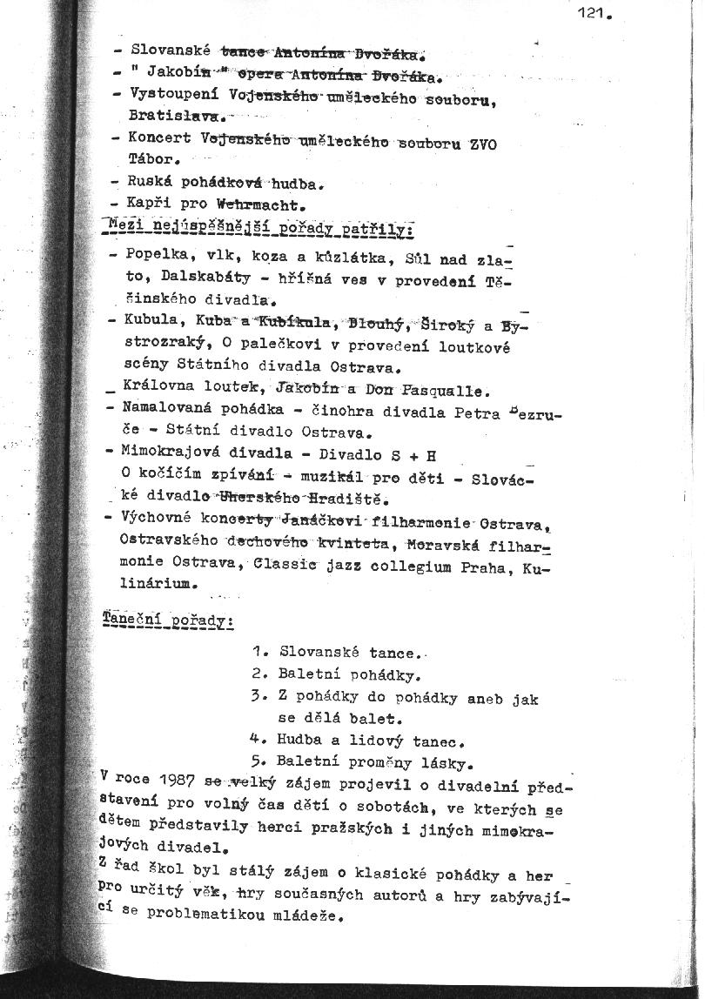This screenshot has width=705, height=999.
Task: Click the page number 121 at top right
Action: pos(595,14)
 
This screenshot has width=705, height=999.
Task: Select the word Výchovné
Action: pos(160,520)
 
